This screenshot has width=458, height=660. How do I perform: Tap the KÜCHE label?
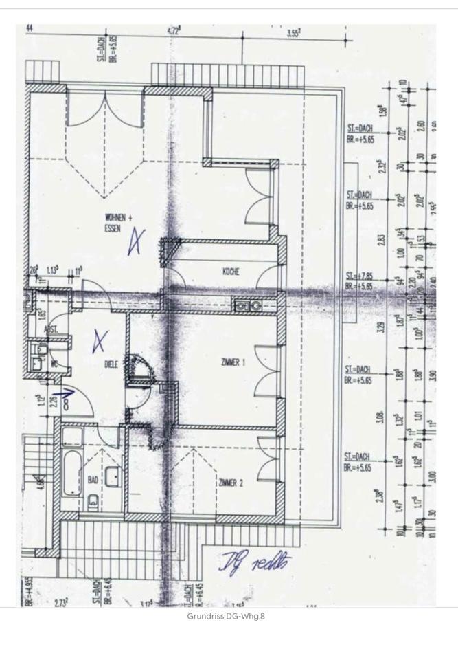231,272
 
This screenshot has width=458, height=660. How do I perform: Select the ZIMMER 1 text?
233,362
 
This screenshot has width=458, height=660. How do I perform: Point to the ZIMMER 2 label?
231,483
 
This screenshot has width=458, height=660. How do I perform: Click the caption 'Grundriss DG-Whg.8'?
226,616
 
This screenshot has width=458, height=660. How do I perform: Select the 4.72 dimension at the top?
173,31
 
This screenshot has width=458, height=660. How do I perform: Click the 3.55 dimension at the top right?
295,32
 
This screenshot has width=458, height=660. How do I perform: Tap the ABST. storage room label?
51,330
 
